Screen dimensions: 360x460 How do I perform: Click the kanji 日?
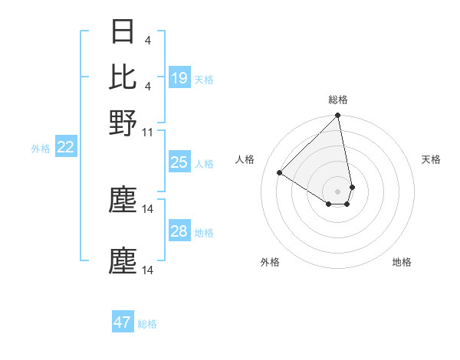click(x=123, y=32)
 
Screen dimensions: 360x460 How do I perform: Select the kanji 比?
click(x=123, y=77)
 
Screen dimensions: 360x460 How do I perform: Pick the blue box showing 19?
click(x=179, y=77)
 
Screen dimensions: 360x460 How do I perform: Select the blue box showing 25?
click(x=179, y=162)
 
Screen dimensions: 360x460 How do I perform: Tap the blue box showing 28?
click(x=179, y=231)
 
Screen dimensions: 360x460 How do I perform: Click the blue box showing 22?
click(x=65, y=148)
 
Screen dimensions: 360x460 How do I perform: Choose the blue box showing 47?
click(x=123, y=322)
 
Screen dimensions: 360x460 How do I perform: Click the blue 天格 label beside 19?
click(x=204, y=79)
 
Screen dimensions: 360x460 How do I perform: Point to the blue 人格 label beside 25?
click(x=204, y=164)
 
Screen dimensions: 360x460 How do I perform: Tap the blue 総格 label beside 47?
click(x=147, y=324)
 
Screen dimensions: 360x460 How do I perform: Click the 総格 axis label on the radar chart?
click(x=338, y=100)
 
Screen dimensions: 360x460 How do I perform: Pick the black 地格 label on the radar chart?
click(x=402, y=262)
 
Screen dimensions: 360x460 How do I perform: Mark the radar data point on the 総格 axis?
click(x=337, y=116)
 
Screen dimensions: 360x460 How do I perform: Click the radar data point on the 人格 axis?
click(x=280, y=173)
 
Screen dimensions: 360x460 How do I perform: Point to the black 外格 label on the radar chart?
click(x=270, y=262)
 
